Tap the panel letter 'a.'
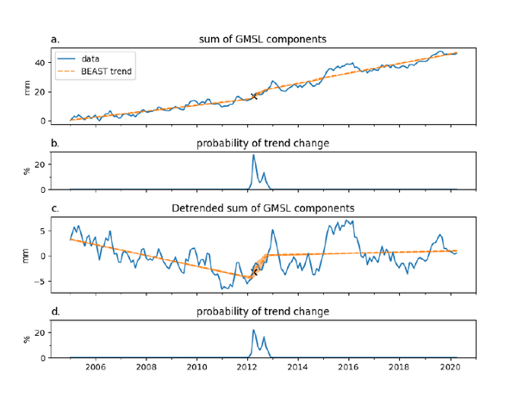click(x=56, y=39)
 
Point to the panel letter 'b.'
click(x=56, y=142)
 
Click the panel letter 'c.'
click(x=56, y=208)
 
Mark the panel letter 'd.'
click(x=56, y=311)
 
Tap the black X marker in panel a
click(x=253, y=96)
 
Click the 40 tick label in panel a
click(x=41, y=63)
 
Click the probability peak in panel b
click(x=253, y=155)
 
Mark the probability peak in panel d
click(x=253, y=330)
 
